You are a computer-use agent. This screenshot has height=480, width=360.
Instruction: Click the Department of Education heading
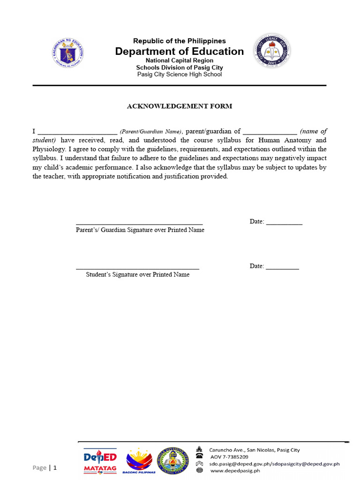coord(180,52)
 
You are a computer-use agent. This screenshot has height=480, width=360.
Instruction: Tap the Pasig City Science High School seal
coord(272,50)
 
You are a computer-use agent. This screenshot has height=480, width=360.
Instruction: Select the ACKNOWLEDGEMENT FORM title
coord(180,106)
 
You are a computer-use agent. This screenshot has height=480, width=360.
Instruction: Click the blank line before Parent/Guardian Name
coord(77,132)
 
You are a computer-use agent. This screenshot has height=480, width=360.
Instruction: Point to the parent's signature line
coord(139,224)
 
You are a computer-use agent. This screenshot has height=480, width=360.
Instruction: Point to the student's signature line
coord(137,268)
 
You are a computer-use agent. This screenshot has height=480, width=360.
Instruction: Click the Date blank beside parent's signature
coord(284,223)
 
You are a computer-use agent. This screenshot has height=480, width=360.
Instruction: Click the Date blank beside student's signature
coord(282,268)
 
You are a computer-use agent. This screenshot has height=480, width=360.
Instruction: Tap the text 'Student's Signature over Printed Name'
coord(137,275)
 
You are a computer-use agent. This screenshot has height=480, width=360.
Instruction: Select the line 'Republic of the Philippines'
coord(180,41)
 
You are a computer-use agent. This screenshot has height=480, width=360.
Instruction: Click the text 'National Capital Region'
coord(180,60)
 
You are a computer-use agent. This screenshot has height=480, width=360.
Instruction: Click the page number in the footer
coord(55,467)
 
